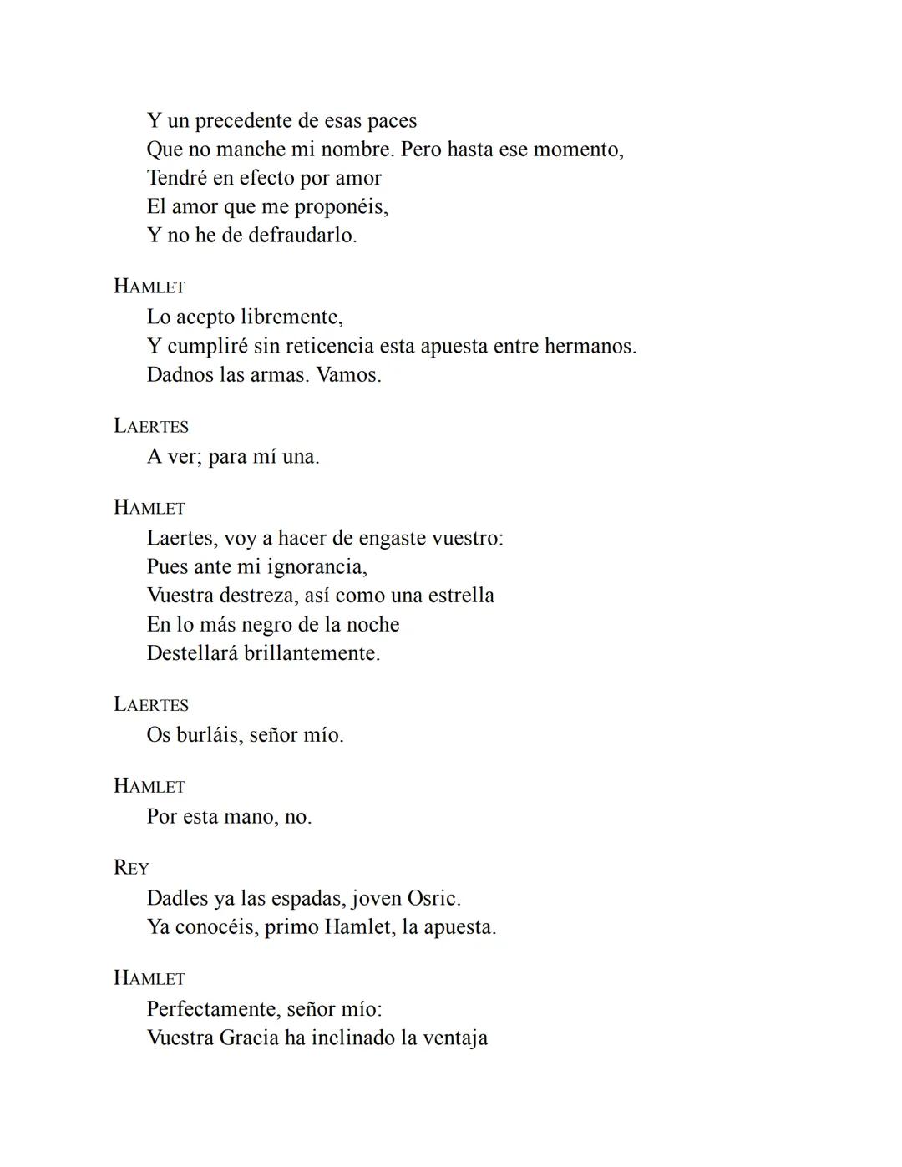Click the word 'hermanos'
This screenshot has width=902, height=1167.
point(589,346)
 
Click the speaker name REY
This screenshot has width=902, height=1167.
point(131,868)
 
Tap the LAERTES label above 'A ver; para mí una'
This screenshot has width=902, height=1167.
point(151,426)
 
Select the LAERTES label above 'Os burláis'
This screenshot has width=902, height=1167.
point(151,704)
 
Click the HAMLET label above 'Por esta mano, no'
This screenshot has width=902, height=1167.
point(149,786)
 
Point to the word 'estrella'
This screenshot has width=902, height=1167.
point(461,596)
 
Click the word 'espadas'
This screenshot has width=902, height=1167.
point(307,899)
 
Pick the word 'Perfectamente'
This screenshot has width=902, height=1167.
point(213,1009)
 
